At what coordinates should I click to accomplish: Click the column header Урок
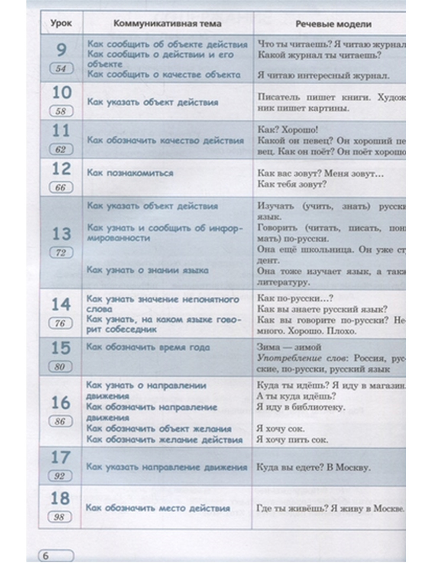pos(61,23)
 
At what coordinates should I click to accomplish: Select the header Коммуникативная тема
pos(167,24)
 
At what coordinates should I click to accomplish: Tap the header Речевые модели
pos(333,24)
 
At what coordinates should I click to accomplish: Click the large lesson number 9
pos(61,50)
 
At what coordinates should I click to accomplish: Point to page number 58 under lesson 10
pos(61,111)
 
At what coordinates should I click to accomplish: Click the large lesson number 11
pos(61,130)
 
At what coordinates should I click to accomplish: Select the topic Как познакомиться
pos(130,173)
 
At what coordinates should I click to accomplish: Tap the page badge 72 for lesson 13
pos(60,253)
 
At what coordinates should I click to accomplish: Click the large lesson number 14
pos(61,304)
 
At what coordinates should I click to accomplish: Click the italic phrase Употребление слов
pos(303,358)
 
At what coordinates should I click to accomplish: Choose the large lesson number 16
pos(61,402)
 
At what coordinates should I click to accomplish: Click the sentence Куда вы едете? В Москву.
pos(313,467)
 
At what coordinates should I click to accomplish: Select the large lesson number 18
pos(60,498)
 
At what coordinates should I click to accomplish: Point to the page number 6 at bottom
pos(45,556)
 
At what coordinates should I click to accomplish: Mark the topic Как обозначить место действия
pos(158,508)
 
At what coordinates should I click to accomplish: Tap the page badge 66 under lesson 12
pos(60,188)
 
